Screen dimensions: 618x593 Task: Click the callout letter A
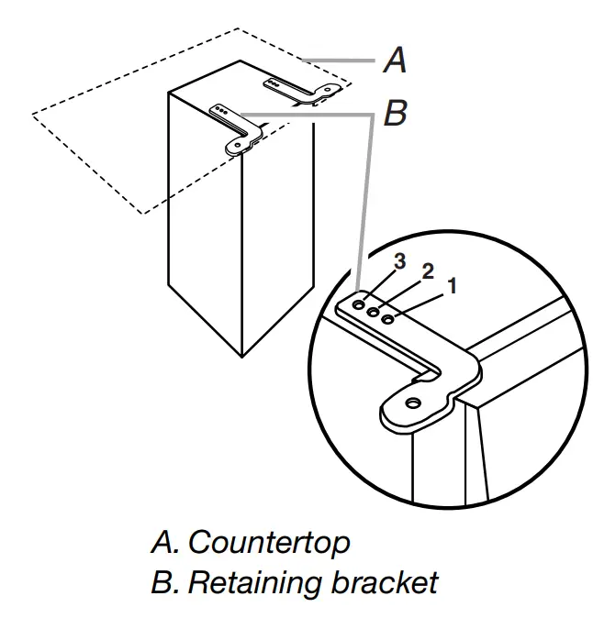pos(395,61)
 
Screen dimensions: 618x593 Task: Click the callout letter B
pos(395,114)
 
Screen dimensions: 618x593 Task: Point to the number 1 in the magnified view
pos(451,286)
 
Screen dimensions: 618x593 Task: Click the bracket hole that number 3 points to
pos(359,302)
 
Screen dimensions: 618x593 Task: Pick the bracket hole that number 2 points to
pos(374,311)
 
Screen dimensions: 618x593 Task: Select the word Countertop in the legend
pos(269,543)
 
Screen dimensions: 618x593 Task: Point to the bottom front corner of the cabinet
pos(241,357)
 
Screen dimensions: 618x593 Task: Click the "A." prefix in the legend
pos(166,543)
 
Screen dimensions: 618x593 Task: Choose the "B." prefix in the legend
pos(166,581)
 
